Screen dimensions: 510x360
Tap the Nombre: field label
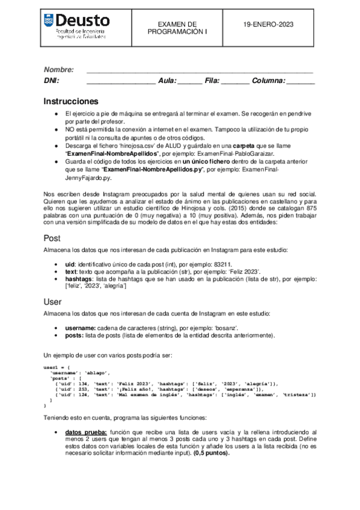[x=59, y=70]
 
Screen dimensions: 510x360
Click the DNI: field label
[x=52, y=81]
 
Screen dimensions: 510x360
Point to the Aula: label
[x=168, y=81]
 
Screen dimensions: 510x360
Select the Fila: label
[x=213, y=81]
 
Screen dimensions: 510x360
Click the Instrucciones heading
[x=71, y=100]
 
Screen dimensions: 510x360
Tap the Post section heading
[x=52, y=238]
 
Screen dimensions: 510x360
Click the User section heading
[x=53, y=301]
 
